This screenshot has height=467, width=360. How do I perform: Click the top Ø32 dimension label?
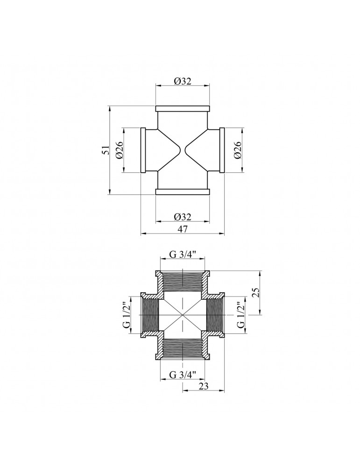click(183, 81)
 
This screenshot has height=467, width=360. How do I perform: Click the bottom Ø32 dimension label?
click(183, 217)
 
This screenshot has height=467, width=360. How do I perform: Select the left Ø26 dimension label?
click(119, 150)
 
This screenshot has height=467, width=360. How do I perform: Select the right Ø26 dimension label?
click(238, 150)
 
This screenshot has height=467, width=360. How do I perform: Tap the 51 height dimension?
click(106, 150)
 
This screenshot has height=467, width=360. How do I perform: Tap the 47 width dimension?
click(183, 229)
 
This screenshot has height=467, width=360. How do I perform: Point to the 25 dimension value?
click(256, 292)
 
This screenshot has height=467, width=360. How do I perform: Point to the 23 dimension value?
click(204, 386)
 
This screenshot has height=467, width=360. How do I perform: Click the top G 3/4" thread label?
click(183, 255)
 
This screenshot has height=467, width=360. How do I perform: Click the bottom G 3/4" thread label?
click(183, 375)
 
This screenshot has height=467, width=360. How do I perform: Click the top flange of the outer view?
click(183, 109)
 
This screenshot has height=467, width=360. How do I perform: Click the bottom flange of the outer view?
click(183, 191)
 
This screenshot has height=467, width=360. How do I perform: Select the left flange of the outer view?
click(143, 150)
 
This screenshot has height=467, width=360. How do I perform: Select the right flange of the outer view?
click(222, 150)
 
